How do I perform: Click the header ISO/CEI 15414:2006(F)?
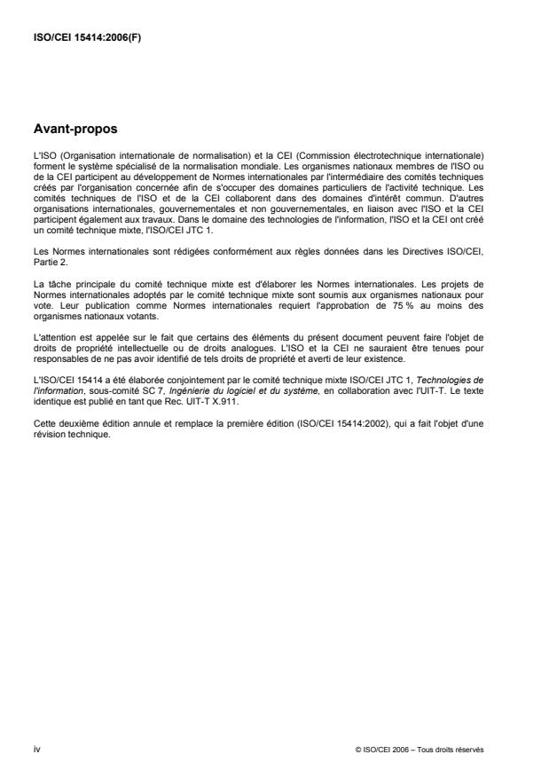81,38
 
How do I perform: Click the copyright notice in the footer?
418,749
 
